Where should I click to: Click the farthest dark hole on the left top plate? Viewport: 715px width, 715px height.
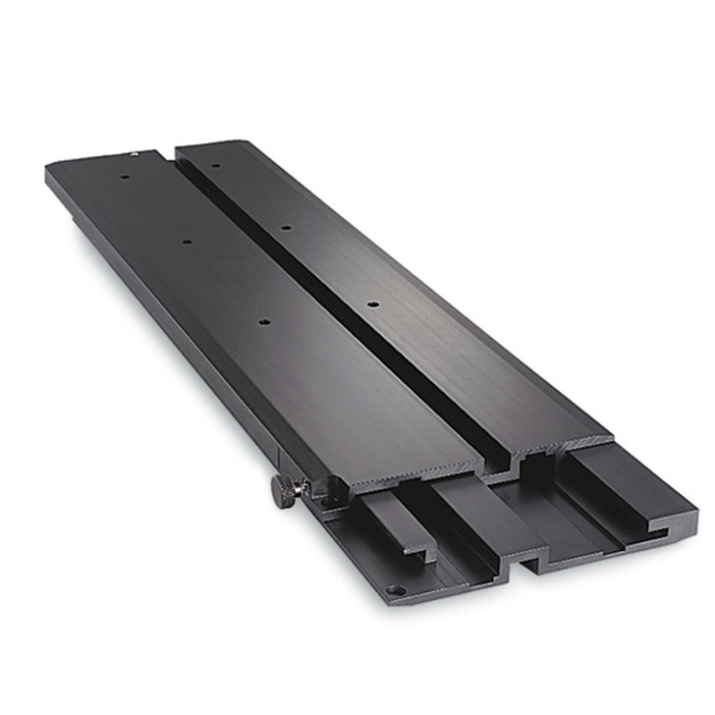(127, 179)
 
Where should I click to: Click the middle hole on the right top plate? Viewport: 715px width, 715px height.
(284, 229)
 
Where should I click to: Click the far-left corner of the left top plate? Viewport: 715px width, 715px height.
(49, 169)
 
